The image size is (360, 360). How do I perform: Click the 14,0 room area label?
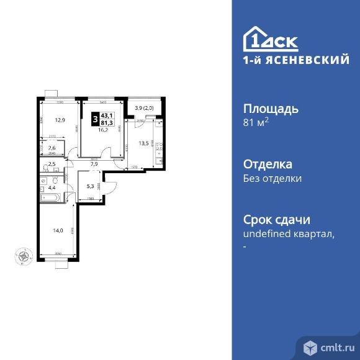[58, 230]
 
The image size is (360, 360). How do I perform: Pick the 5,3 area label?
[90, 185]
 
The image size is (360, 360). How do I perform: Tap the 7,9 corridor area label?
[94, 165]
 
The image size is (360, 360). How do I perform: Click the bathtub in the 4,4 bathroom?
[52, 198]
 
